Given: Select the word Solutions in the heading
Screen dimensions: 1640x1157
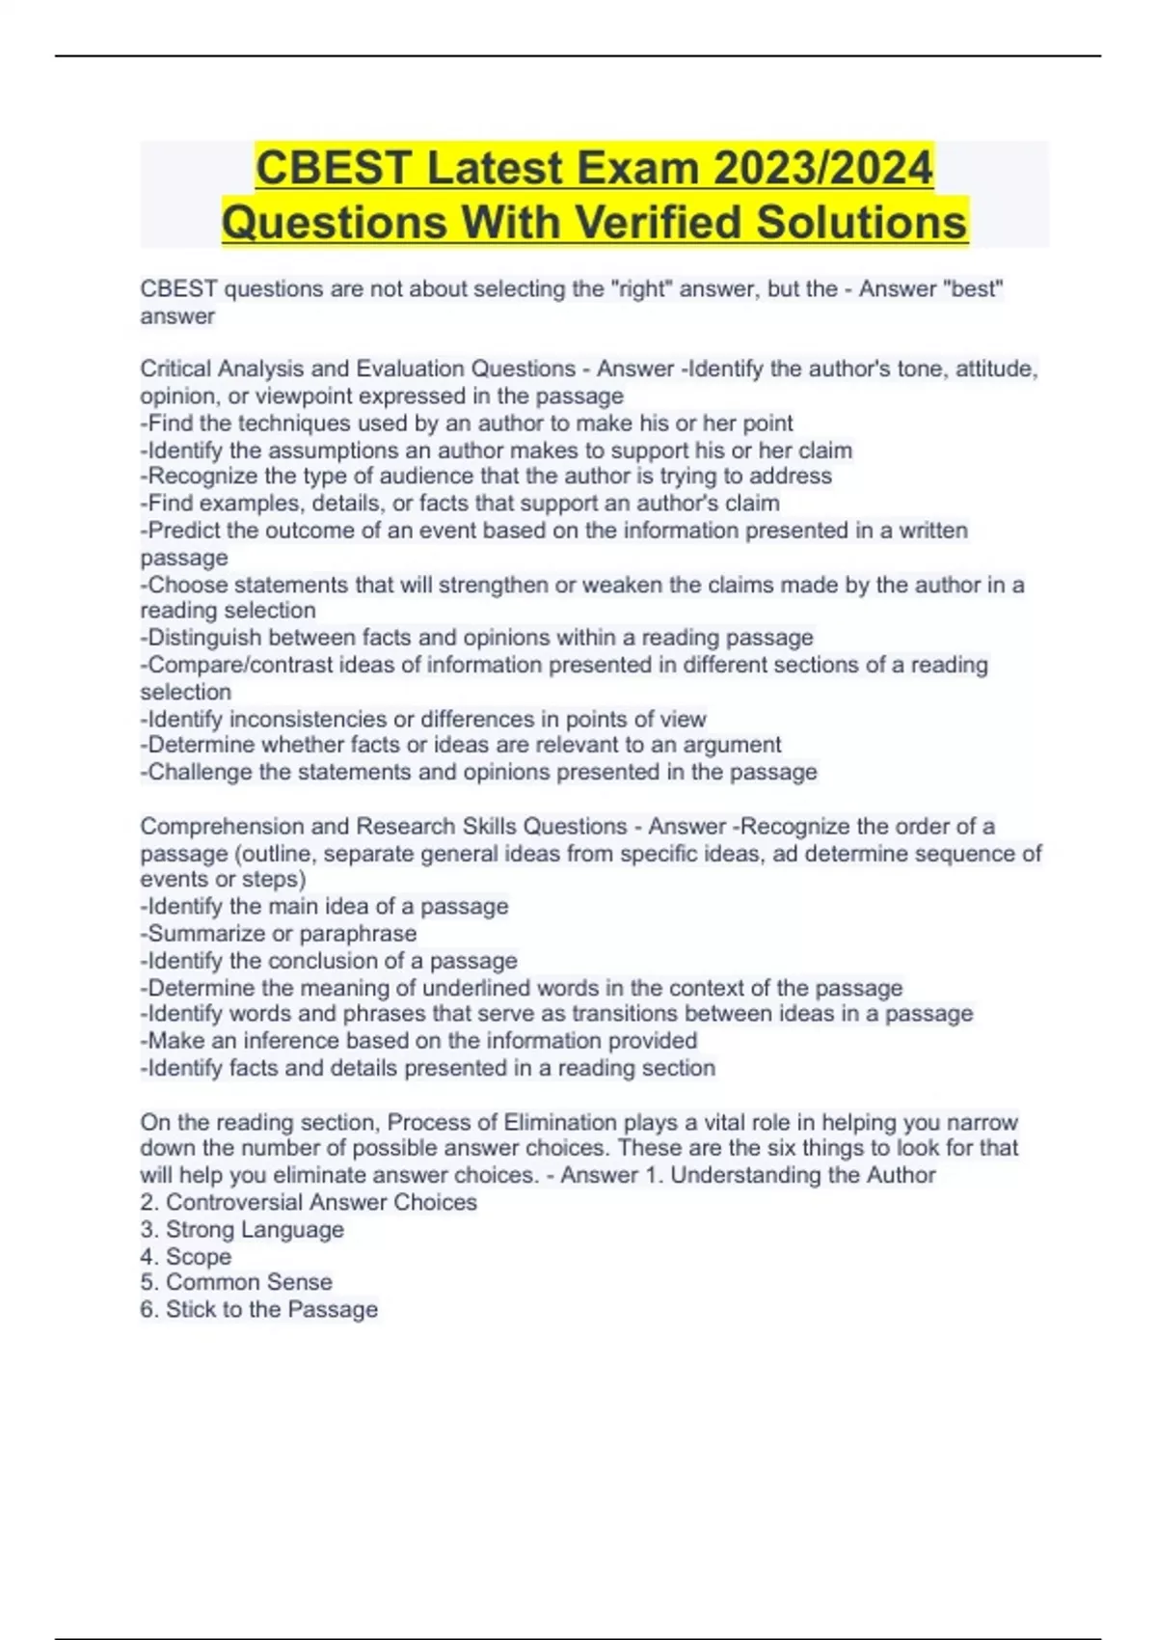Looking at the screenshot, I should pos(861,222).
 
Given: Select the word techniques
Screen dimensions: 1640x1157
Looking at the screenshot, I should pos(294,423).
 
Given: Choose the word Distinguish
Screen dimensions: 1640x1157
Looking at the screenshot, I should pos(204,638).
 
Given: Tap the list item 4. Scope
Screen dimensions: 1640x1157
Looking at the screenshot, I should pos(186,1256).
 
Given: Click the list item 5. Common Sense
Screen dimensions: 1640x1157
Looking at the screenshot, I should pos(237,1282).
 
